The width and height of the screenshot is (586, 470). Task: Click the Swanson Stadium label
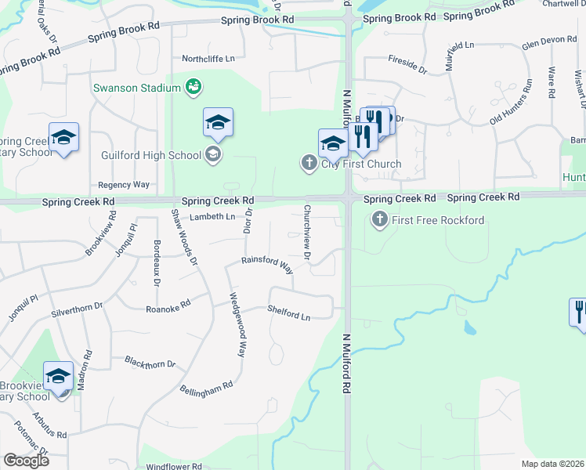click(x=136, y=88)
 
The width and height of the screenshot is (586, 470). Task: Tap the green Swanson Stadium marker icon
click(x=194, y=87)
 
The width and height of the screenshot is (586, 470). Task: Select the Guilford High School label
click(x=151, y=155)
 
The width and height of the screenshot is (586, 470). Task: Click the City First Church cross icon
click(x=309, y=164)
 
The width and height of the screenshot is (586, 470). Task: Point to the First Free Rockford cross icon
click(x=380, y=219)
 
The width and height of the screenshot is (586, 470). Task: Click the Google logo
click(x=26, y=460)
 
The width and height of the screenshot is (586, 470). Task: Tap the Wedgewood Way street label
click(x=238, y=324)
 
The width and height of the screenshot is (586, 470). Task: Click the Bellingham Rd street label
click(x=207, y=387)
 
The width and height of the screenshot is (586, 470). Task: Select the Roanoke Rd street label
click(x=168, y=307)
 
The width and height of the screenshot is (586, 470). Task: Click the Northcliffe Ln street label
click(x=208, y=59)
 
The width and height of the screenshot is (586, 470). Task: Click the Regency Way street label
click(x=124, y=185)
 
